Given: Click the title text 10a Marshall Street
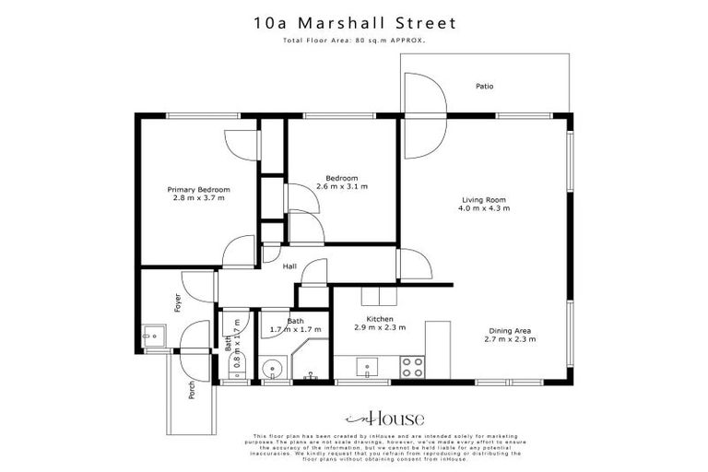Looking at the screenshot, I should pos(353,20).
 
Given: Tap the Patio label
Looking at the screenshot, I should pos(484,87).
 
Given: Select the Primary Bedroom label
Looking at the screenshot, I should pos(199,189).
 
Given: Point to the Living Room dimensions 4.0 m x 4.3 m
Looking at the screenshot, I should pos(484,208).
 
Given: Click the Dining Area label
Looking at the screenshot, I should pos(510,331).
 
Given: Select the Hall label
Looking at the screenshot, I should pos(289,266).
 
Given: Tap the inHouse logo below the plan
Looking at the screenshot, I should pos(353,416).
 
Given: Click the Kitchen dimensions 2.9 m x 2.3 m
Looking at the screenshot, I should pos(381,327).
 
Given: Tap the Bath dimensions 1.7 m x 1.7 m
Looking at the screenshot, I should pos(295,329).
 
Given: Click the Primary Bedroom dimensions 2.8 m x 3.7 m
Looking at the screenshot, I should pos(199,197).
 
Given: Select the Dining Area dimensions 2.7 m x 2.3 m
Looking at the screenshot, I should pos(510,339).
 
